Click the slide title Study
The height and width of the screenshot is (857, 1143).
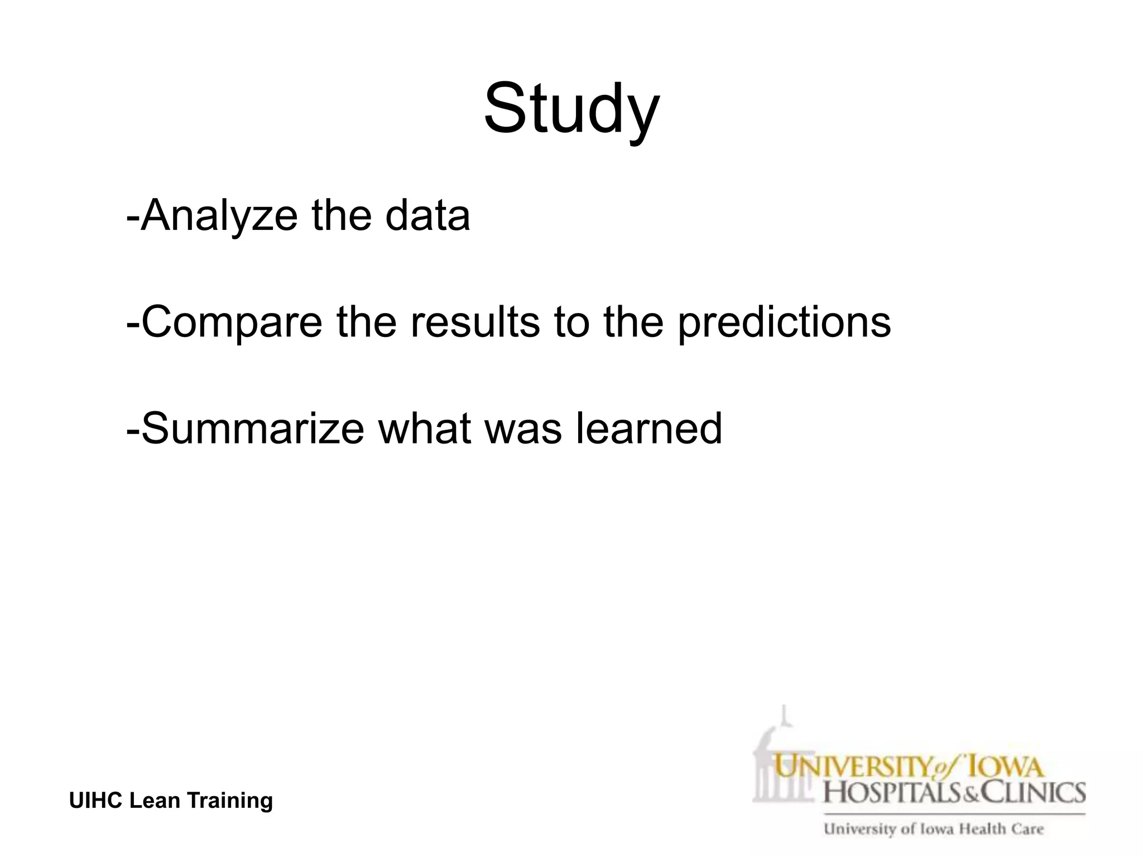coord(571,109)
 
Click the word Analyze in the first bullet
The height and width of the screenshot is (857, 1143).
coord(219,216)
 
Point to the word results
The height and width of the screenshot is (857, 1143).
coord(475,322)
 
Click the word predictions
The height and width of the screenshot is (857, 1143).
coord(784,322)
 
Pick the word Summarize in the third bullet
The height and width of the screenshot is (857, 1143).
coord(253,428)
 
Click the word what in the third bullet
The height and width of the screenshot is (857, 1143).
coord(424,428)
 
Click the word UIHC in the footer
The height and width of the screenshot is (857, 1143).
coord(96,801)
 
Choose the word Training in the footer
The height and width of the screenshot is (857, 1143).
coord(230,801)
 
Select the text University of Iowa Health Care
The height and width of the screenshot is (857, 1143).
coord(933,829)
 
